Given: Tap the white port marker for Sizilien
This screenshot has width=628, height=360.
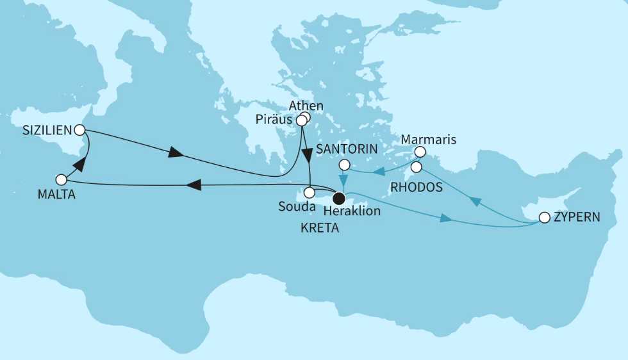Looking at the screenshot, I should [x=79, y=130].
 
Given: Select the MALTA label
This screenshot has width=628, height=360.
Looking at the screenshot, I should [x=56, y=195].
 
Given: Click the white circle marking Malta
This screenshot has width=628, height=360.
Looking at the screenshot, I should [x=61, y=180].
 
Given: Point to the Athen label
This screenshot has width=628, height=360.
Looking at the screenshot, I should [x=306, y=106].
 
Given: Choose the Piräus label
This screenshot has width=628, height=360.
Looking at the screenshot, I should [x=274, y=120].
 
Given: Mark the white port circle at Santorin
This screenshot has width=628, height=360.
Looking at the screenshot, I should [x=344, y=165].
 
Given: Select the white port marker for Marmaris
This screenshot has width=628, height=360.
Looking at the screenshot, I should [x=420, y=152].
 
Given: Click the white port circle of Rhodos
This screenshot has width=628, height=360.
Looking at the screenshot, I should [x=416, y=167].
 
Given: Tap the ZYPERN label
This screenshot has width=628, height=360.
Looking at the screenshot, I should [x=577, y=217].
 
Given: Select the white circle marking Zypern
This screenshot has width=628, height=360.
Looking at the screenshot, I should [x=544, y=218].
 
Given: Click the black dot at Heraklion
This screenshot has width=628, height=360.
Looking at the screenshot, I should [x=340, y=197].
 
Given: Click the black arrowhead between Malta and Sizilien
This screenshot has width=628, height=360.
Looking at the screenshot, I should [x=79, y=165].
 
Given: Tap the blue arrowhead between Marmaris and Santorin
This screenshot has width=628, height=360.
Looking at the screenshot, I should [x=379, y=172].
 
